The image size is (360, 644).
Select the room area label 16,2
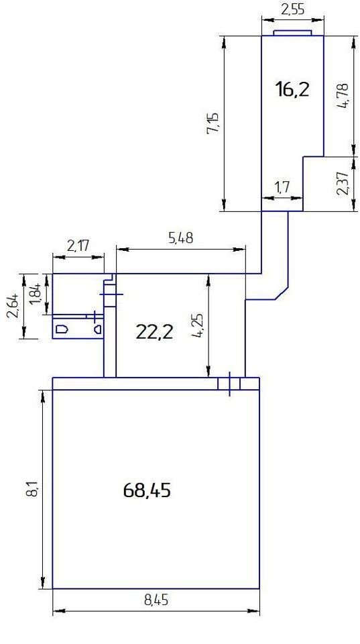tap(292, 89)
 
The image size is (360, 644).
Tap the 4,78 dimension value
tap(342, 96)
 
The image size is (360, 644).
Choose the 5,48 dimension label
tap(181, 237)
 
